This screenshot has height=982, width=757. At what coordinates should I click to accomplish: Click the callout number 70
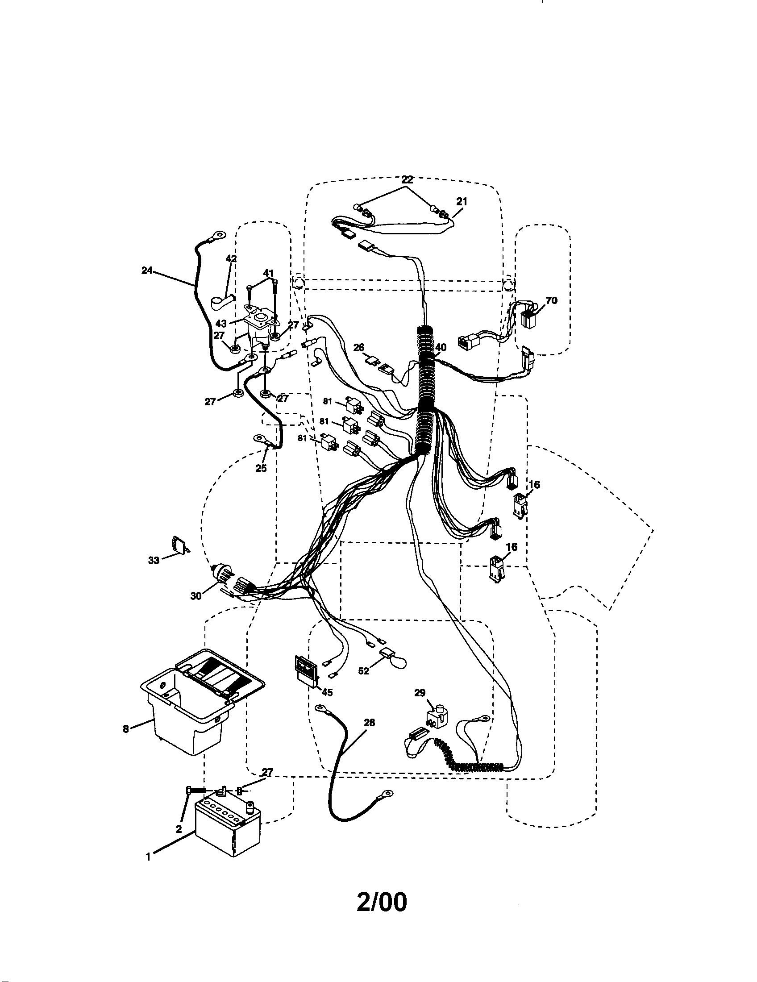coord(551,300)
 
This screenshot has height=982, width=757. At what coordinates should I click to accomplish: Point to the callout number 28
coord(369,723)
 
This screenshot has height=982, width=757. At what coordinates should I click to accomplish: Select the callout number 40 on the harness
coord(441,348)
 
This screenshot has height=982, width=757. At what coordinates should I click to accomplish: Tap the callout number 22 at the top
coord(407,179)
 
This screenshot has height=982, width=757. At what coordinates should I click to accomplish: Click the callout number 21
coord(462,202)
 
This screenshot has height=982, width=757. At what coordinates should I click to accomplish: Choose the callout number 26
coord(359,347)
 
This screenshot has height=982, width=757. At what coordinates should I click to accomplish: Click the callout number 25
coord(261,468)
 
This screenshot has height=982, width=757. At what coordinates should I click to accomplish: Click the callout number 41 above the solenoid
coord(268,272)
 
